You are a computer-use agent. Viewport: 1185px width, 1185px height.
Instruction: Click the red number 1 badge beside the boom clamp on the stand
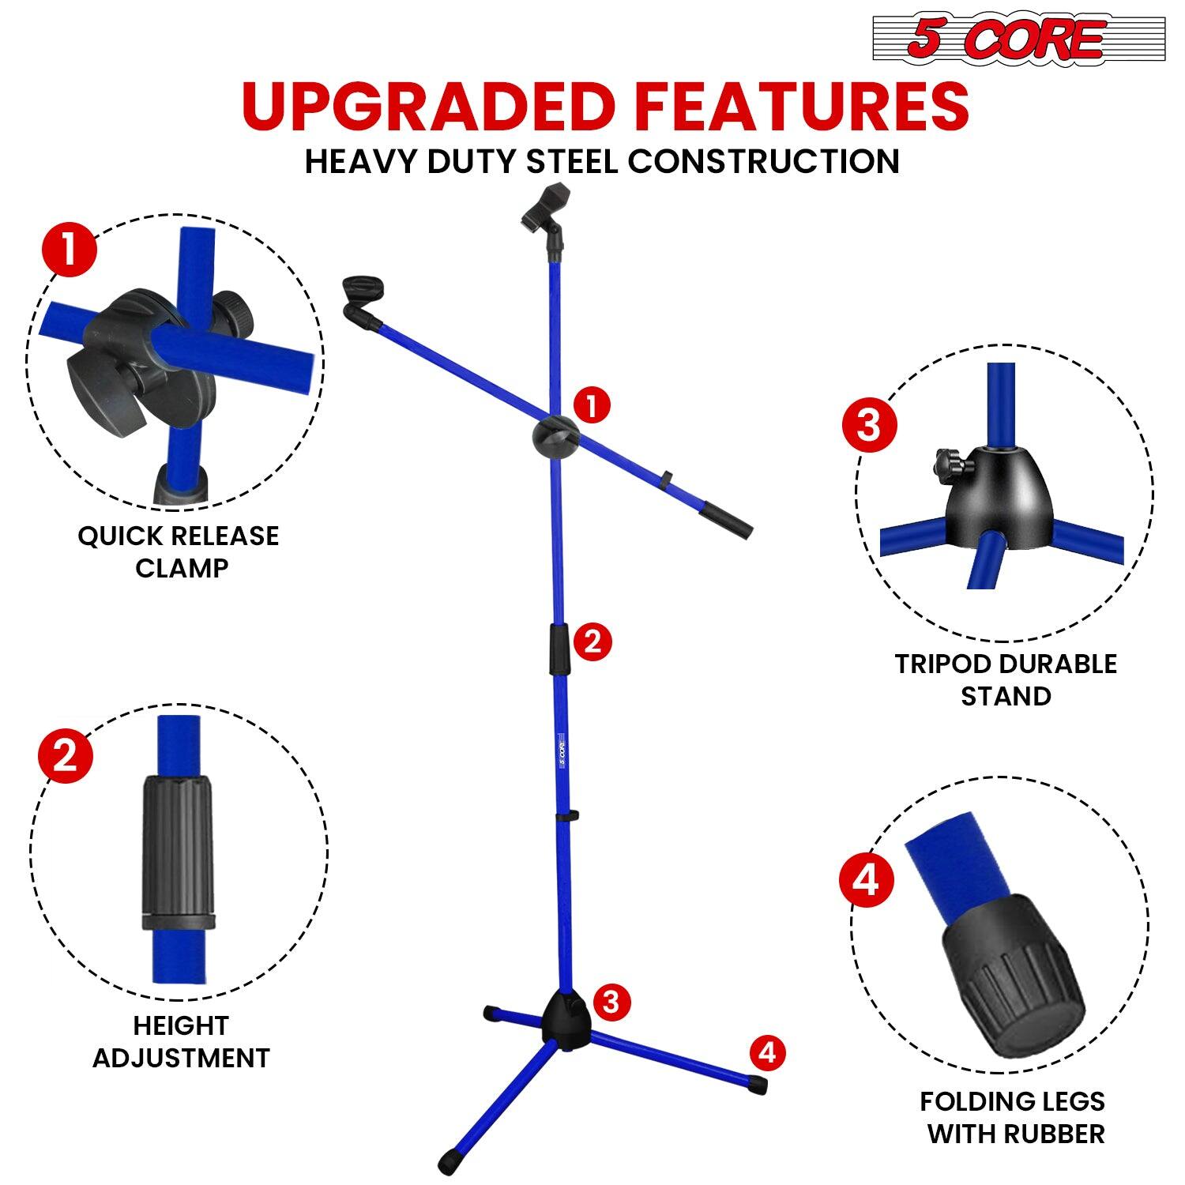pyautogui.click(x=592, y=406)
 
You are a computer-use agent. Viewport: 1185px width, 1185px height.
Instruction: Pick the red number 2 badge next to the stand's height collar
pyautogui.click(x=592, y=641)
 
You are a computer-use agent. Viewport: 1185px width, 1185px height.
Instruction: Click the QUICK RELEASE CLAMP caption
pyautogui.click(x=179, y=551)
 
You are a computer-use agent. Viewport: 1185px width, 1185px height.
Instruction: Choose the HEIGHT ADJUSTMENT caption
pyautogui.click(x=181, y=1041)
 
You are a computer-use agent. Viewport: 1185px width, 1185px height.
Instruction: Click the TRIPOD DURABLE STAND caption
pyautogui.click(x=1006, y=679)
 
